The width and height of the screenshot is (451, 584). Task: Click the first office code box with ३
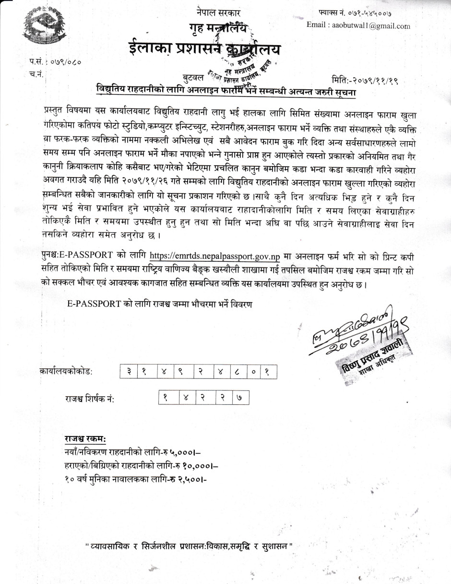click(129, 371)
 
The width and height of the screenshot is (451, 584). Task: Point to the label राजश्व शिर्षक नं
click(90, 399)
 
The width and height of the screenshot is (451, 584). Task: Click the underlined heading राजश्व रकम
click(85, 439)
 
